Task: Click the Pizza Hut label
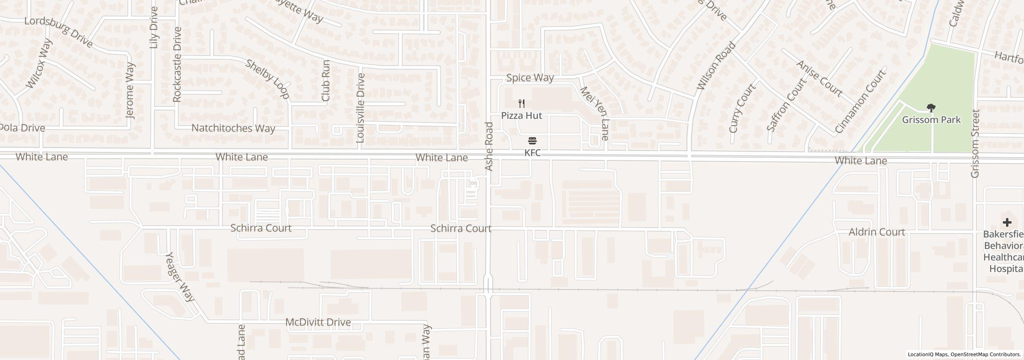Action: (x=522, y=116)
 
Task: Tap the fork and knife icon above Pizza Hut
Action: (x=522, y=104)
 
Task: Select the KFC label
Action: (x=532, y=153)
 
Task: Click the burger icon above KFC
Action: (x=532, y=141)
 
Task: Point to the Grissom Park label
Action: (x=931, y=120)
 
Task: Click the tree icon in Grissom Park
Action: (x=931, y=108)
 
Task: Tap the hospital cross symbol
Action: (x=1007, y=222)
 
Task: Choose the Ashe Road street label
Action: (x=489, y=147)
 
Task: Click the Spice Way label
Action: (x=530, y=78)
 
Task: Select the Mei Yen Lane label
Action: (x=594, y=114)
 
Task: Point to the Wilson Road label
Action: (x=716, y=66)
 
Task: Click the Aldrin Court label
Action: (x=876, y=232)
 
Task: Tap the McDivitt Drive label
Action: (x=318, y=322)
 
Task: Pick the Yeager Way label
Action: (x=180, y=276)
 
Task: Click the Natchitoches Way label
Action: (x=233, y=128)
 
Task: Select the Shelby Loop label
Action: (x=267, y=79)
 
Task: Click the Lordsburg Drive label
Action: (x=59, y=32)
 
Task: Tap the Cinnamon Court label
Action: (x=860, y=101)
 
